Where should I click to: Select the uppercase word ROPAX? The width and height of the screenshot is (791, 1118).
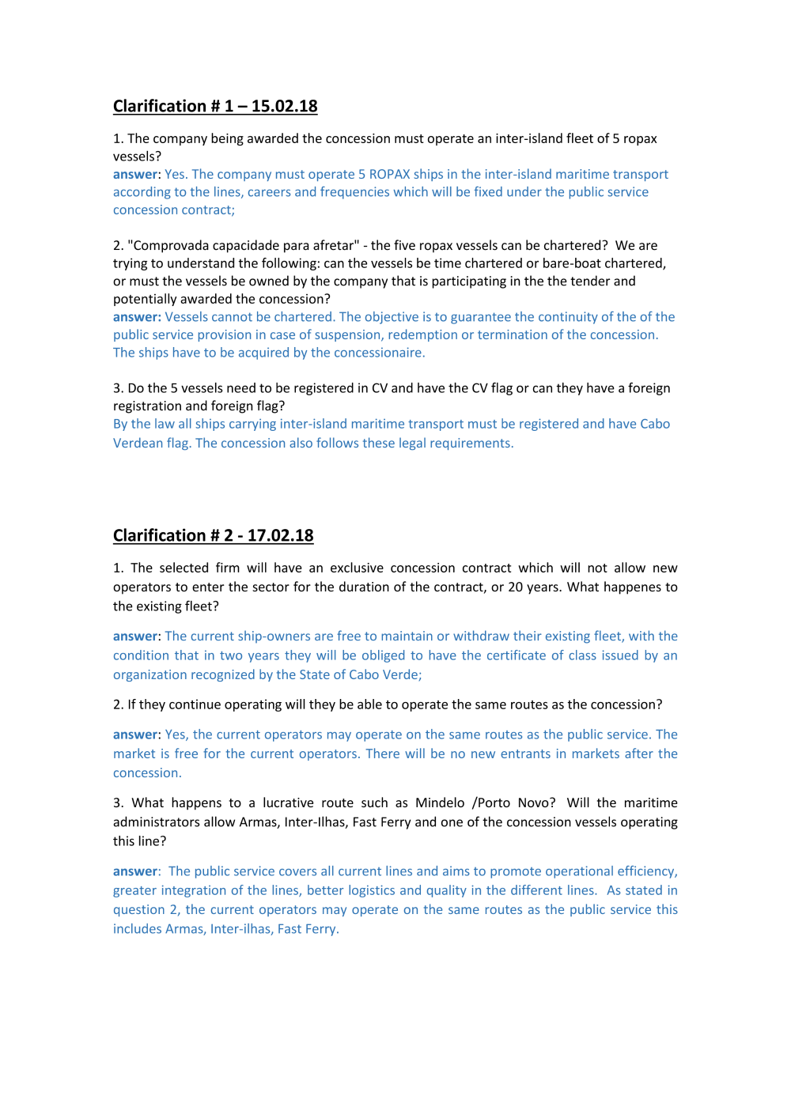pyautogui.click(x=389, y=175)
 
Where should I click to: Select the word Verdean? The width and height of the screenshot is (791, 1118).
pyautogui.click(x=138, y=444)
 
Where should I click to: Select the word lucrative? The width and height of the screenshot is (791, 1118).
pyautogui.click(x=292, y=803)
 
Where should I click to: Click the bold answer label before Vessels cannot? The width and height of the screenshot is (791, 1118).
pyautogui.click(x=136, y=317)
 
